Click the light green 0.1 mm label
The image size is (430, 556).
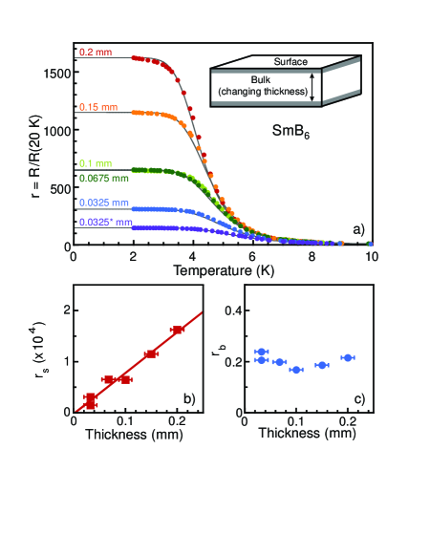[x=94, y=165]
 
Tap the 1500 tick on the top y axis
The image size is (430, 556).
[x=55, y=73]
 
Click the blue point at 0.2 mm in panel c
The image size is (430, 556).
[x=348, y=357]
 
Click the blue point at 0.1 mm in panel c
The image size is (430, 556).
[x=296, y=369]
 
